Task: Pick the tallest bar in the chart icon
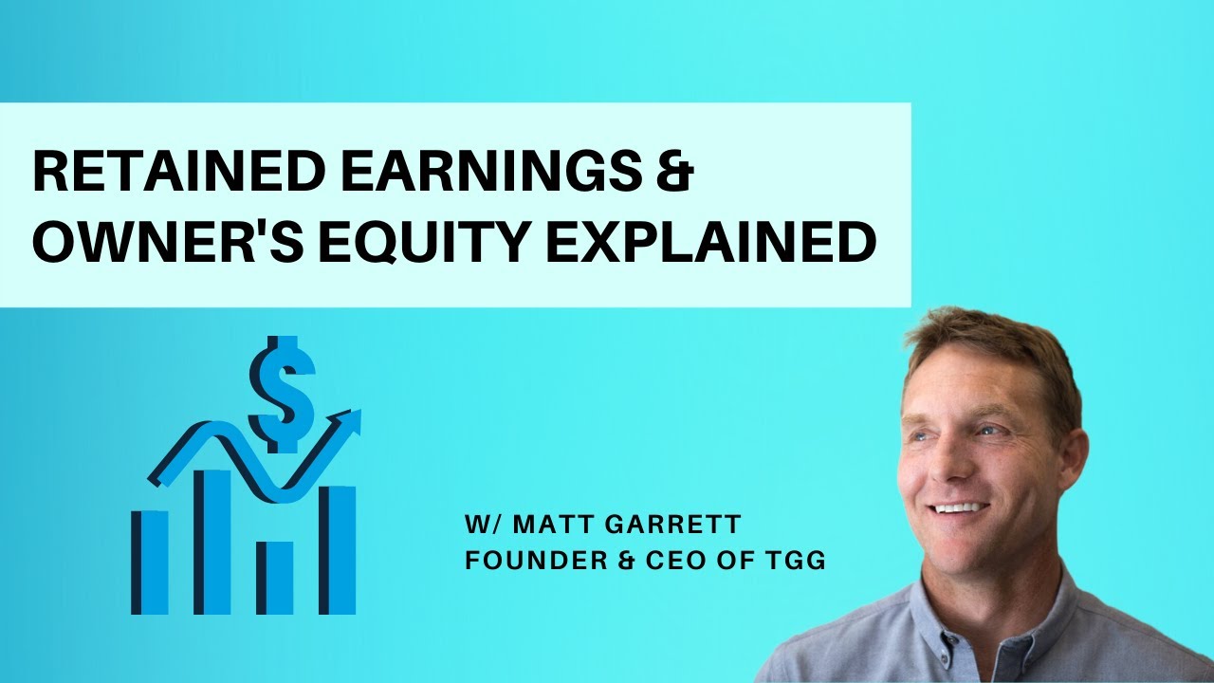click(x=212, y=541)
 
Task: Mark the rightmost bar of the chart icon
click(x=337, y=549)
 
